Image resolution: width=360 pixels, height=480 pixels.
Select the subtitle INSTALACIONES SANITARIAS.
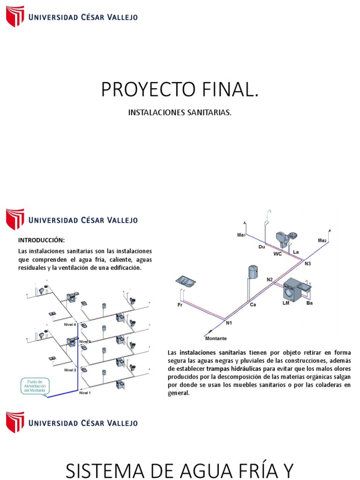[180, 113]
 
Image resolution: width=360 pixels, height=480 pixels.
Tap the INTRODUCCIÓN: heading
[39, 240]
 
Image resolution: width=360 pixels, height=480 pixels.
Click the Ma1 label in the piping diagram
[241, 235]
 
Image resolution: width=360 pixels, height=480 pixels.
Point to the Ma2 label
[322, 240]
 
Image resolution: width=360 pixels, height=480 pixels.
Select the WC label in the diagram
[277, 254]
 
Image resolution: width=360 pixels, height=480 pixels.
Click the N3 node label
[308, 264]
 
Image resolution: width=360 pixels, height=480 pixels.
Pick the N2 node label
[270, 280]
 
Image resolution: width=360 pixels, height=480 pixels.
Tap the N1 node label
[229, 323]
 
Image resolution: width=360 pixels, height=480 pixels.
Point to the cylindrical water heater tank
[253, 272]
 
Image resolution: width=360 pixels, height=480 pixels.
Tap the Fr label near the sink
[180, 305]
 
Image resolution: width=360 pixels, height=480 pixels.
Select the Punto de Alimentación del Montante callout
[34, 386]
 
